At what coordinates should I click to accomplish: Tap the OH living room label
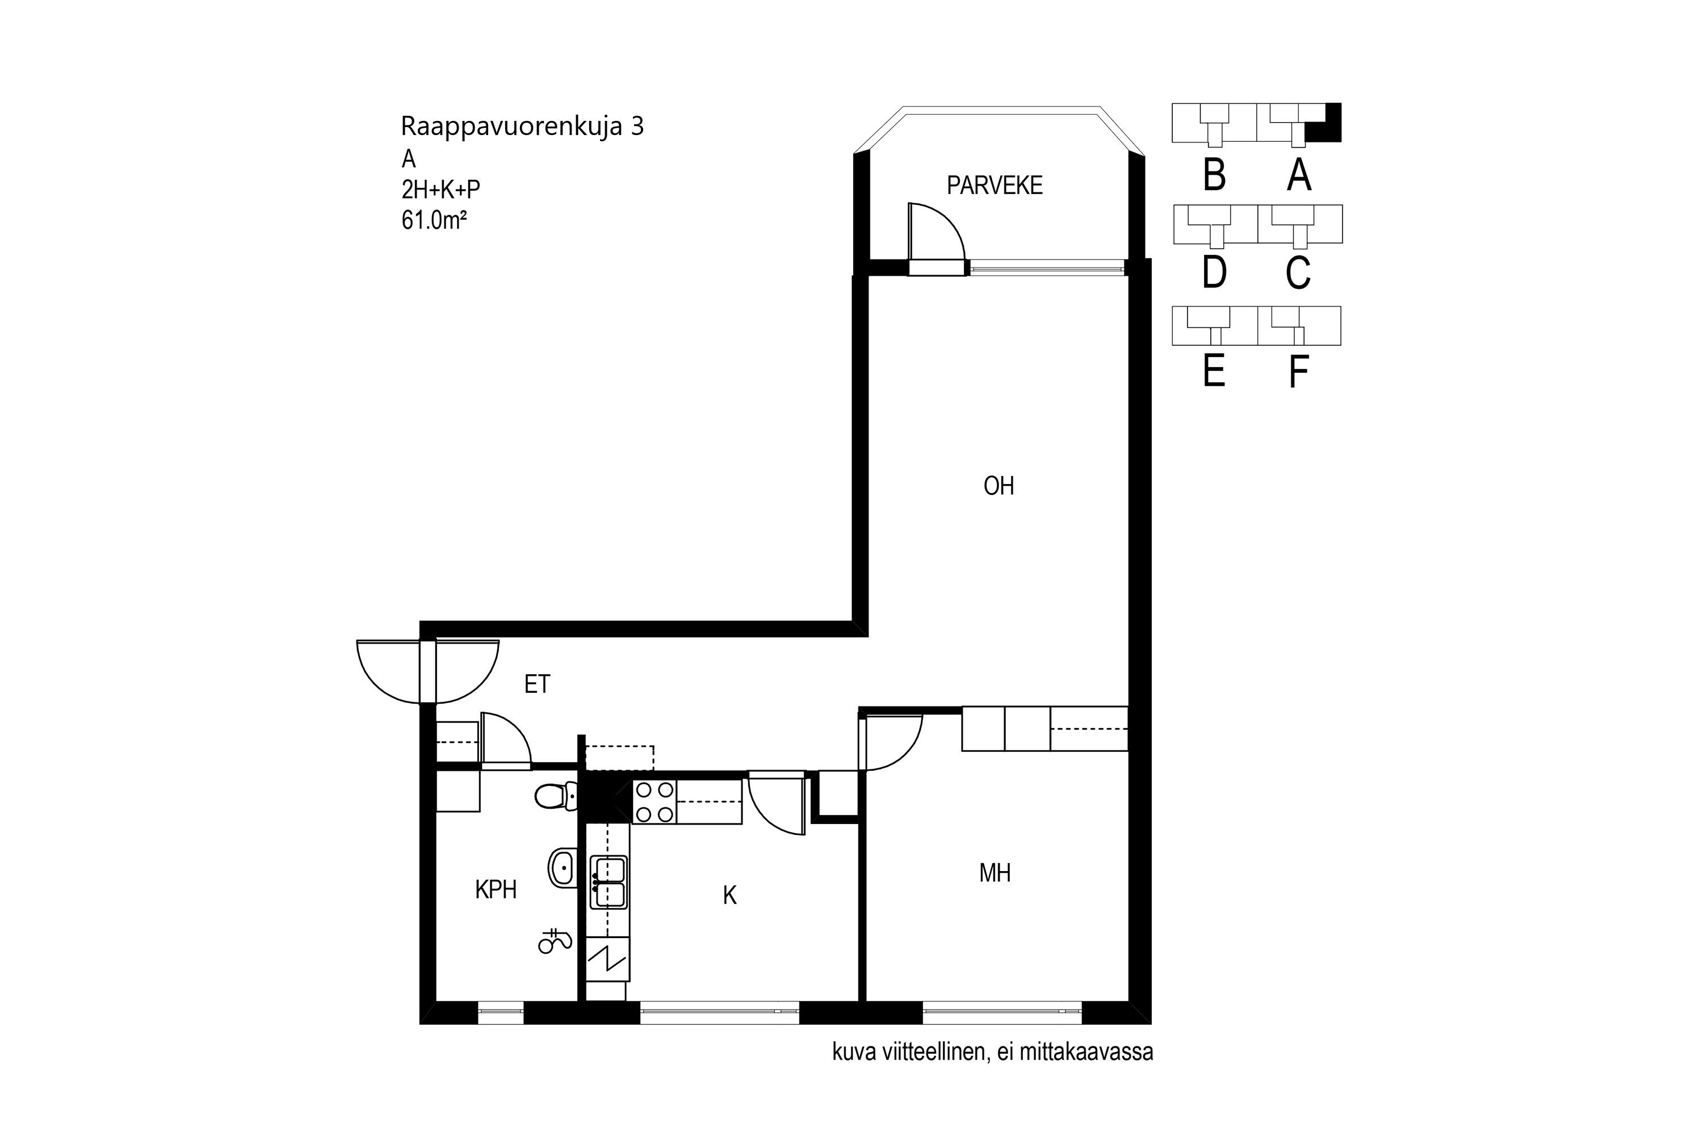(x=999, y=486)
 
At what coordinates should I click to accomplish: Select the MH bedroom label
(x=995, y=873)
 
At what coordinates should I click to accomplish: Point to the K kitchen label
(x=730, y=896)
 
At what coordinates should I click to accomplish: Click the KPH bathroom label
(x=496, y=890)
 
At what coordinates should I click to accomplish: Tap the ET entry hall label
(x=537, y=684)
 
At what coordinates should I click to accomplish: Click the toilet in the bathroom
(x=556, y=797)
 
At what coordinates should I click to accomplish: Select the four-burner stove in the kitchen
(x=654, y=802)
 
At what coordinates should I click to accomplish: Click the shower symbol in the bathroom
(x=555, y=941)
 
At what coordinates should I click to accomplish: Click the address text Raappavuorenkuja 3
(x=522, y=127)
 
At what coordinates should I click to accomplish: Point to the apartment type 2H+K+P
(x=441, y=190)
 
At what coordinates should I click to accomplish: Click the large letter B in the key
(x=1214, y=175)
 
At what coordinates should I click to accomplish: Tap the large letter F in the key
(x=1299, y=372)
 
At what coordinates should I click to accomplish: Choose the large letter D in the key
(x=1214, y=273)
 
